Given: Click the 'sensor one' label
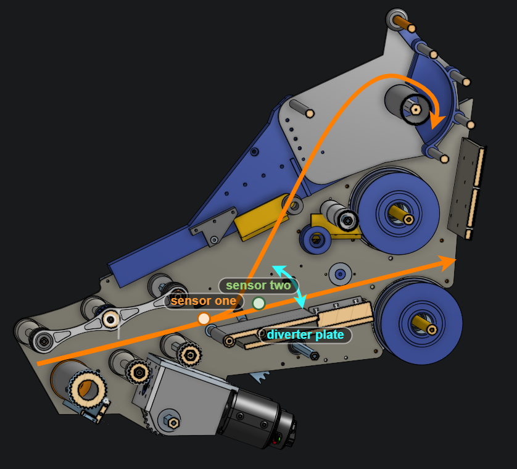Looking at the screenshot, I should point(203,301).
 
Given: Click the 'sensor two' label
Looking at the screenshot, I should point(258,286).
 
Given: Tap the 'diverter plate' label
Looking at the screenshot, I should point(305,335).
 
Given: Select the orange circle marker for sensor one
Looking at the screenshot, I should point(204,318).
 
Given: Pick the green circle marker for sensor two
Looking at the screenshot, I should point(258,303).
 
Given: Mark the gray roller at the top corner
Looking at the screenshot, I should point(395,19).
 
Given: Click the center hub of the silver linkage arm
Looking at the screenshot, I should point(110,319).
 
